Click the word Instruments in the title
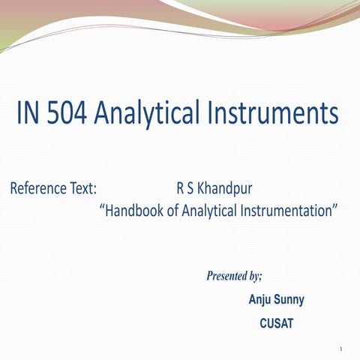click(x=273, y=115)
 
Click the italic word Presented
click(x=226, y=276)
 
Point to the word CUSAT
click(x=276, y=324)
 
